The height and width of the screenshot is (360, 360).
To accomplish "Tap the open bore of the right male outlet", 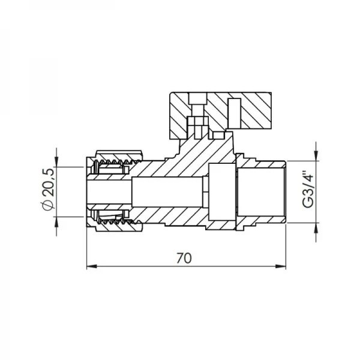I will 264,191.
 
